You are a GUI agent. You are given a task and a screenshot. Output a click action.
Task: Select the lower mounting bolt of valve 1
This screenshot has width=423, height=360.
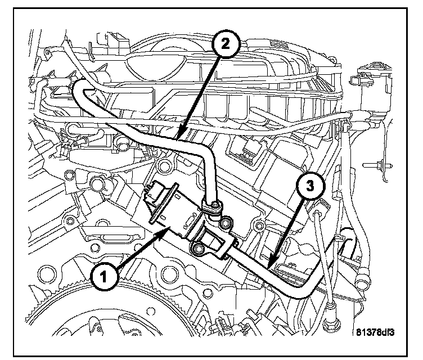[x=197, y=247]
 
